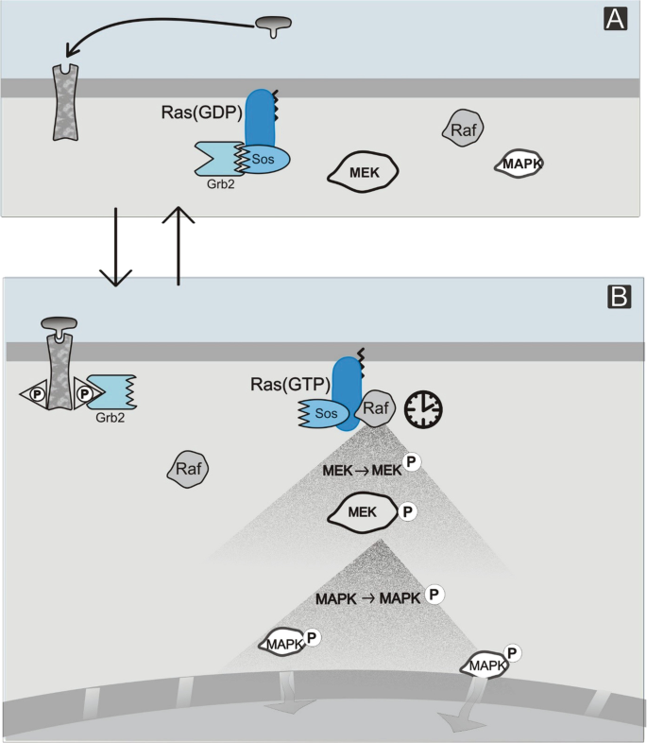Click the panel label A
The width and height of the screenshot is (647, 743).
tap(615, 17)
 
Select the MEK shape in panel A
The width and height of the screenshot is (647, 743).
tap(364, 171)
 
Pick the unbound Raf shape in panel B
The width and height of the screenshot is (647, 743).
tap(187, 466)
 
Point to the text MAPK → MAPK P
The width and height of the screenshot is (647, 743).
tap(379, 596)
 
